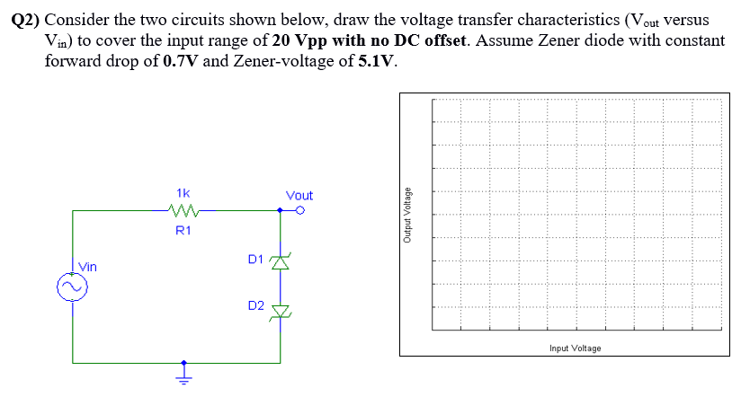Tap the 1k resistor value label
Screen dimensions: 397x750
pyautogui.click(x=183, y=193)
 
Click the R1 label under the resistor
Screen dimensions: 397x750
pyautogui.click(x=183, y=231)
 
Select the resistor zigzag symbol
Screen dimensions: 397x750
pyautogui.click(x=183, y=212)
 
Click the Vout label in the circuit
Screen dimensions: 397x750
pyautogui.click(x=299, y=195)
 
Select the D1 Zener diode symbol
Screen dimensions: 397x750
pyautogui.click(x=281, y=262)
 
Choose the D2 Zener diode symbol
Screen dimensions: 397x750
pyautogui.click(x=281, y=311)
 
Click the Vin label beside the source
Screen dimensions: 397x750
pyautogui.click(x=88, y=267)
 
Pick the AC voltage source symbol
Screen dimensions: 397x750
pyautogui.click(x=71, y=287)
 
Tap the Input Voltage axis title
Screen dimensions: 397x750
pyautogui.click(x=576, y=348)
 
